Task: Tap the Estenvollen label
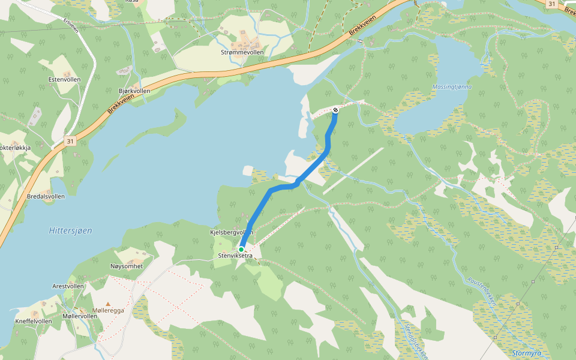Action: pos(64,79)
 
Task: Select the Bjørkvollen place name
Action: pos(134,91)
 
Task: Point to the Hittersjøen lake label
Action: pos(70,230)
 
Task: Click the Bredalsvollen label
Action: pos(46,196)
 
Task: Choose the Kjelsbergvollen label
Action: pos(231,232)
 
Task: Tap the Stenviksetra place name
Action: pos(236,256)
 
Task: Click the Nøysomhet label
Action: pos(127,266)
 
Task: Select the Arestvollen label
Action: pos(68,286)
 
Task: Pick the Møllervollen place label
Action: pos(80,316)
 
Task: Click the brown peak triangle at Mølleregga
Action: pos(108,304)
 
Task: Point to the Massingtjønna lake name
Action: pos(452,87)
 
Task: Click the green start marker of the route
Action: pos(241,249)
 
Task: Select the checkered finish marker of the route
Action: pos(335,110)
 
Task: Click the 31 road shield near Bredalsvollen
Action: pos(71,141)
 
